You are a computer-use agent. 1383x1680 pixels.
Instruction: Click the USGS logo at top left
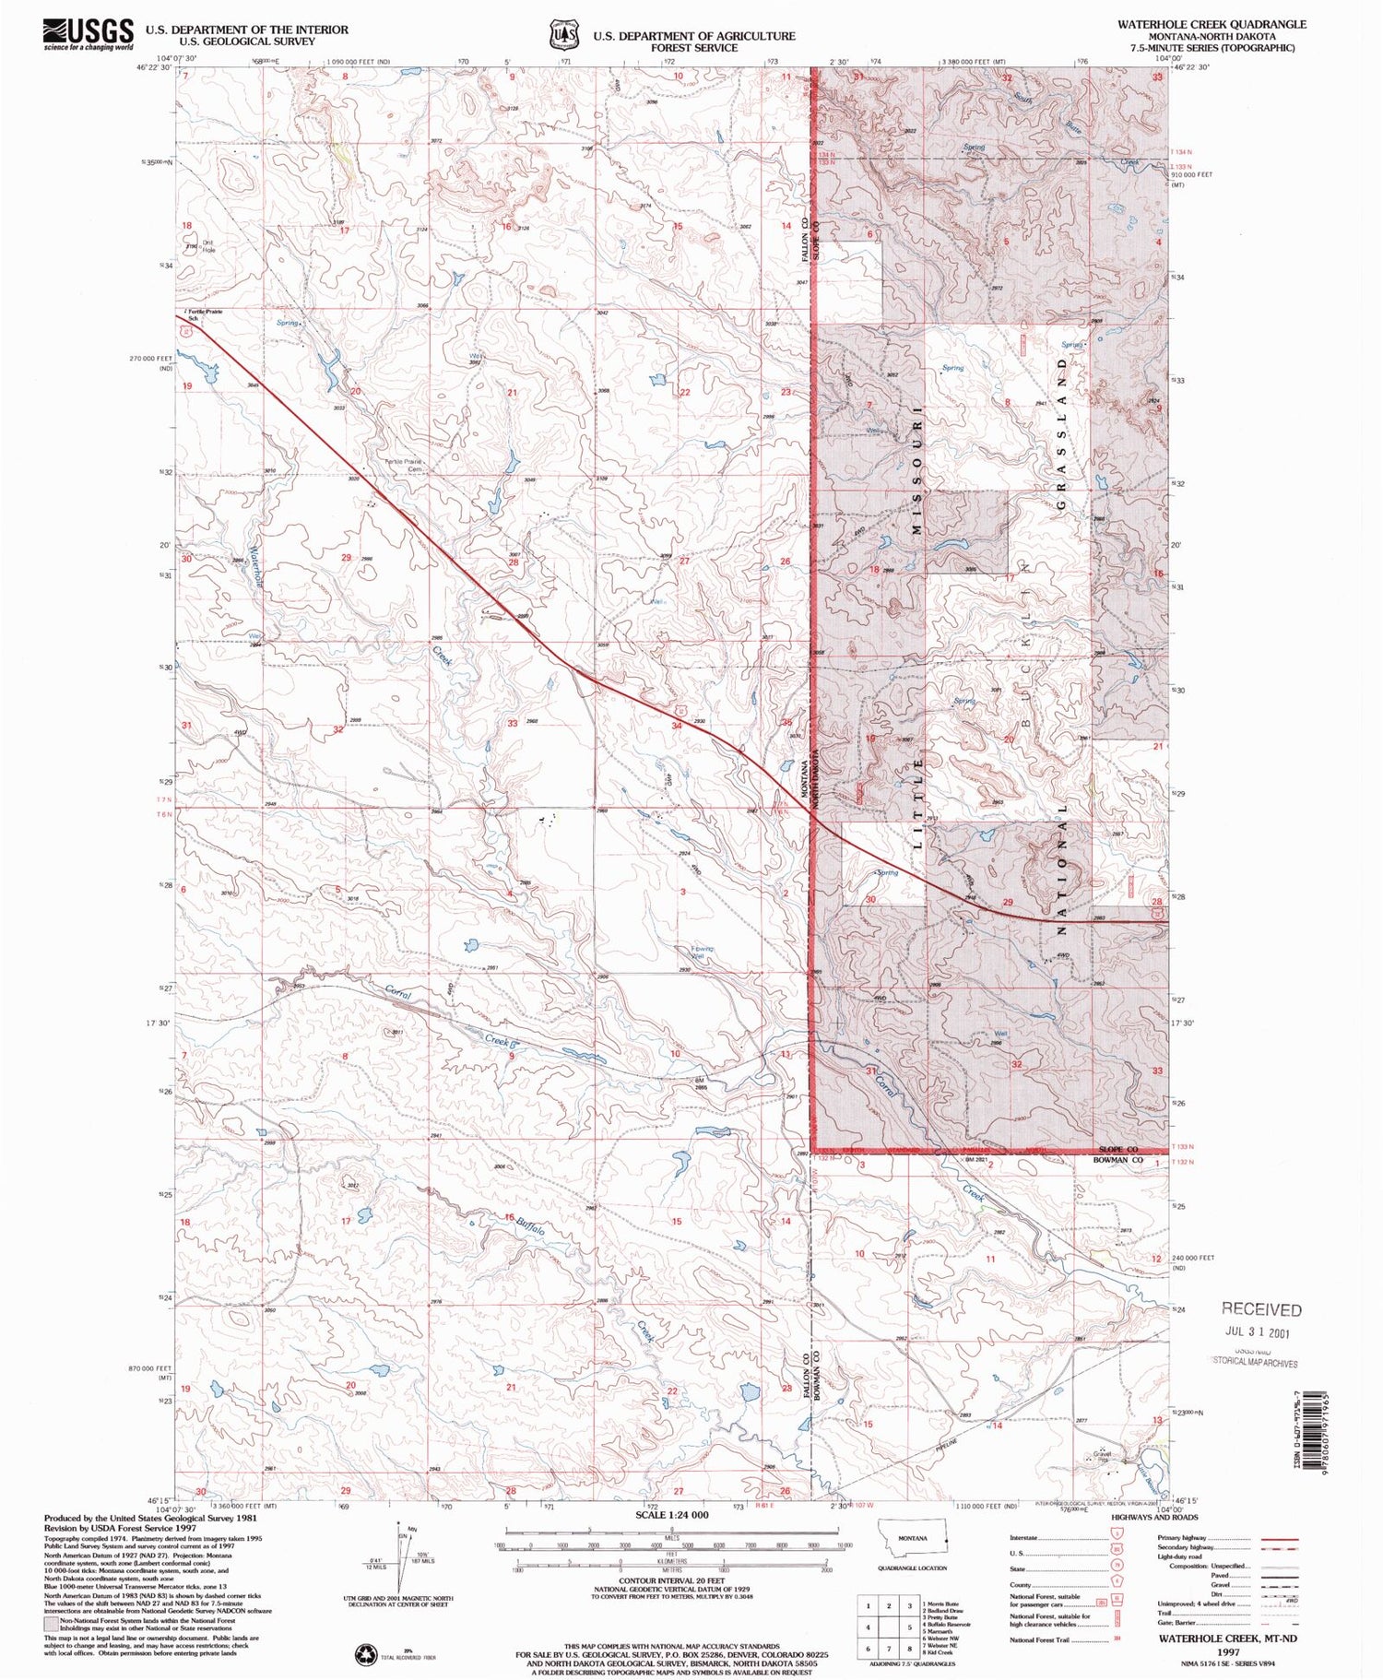point(88,35)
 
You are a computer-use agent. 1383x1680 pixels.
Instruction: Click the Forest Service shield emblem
point(561,35)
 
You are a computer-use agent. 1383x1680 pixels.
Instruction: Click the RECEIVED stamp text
point(1261,1309)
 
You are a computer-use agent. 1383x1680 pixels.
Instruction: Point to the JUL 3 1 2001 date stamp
point(1258,1332)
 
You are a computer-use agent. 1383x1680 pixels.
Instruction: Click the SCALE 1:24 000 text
point(672,1515)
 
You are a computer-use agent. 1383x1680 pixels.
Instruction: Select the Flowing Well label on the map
point(703,952)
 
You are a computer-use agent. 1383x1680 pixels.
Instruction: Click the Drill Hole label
point(208,246)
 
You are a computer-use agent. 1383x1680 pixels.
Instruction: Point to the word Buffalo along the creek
point(530,1227)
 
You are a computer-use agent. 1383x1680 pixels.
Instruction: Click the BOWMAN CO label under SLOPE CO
point(1119,1160)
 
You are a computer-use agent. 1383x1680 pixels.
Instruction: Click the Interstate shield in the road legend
point(1109,1538)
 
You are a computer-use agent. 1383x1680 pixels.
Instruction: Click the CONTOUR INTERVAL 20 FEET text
point(672,1579)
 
